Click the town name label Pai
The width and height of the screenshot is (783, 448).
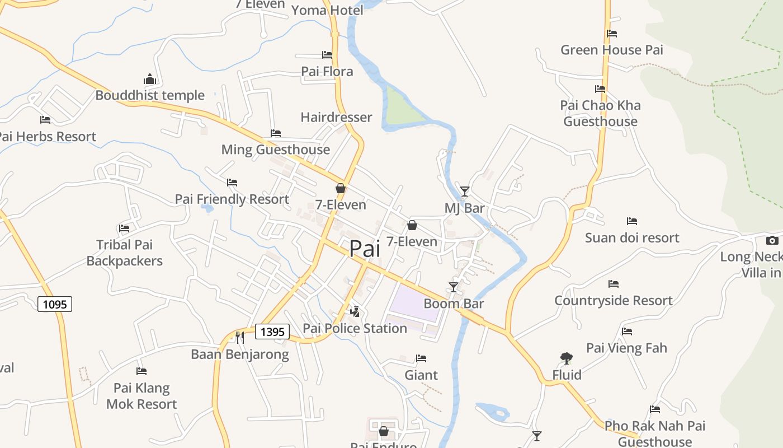(x=365, y=249)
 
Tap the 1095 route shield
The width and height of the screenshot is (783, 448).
(x=55, y=304)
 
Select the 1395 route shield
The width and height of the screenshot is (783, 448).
(x=272, y=332)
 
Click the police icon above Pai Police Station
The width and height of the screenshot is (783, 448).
(x=355, y=311)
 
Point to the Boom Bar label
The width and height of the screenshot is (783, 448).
(x=454, y=304)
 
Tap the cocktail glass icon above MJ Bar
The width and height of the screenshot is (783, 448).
(x=465, y=192)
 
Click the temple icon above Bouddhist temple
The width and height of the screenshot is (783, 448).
(x=149, y=78)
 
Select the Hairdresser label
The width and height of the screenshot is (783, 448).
(x=336, y=117)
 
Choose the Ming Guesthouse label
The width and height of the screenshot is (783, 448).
(x=275, y=150)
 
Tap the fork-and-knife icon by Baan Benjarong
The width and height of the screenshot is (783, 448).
(x=240, y=337)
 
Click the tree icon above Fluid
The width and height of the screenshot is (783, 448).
(x=566, y=358)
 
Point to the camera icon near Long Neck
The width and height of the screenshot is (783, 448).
(x=772, y=241)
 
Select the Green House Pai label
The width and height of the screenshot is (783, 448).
(x=611, y=50)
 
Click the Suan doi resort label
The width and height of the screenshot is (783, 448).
(x=632, y=237)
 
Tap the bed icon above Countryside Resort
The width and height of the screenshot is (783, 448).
(x=614, y=284)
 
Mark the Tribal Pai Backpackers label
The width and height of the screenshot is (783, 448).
(x=124, y=253)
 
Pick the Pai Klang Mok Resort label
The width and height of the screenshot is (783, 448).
(x=141, y=396)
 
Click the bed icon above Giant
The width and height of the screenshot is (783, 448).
(x=421, y=358)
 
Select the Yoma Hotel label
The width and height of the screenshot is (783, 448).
(x=327, y=10)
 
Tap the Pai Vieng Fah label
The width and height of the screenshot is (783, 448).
(x=626, y=348)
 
